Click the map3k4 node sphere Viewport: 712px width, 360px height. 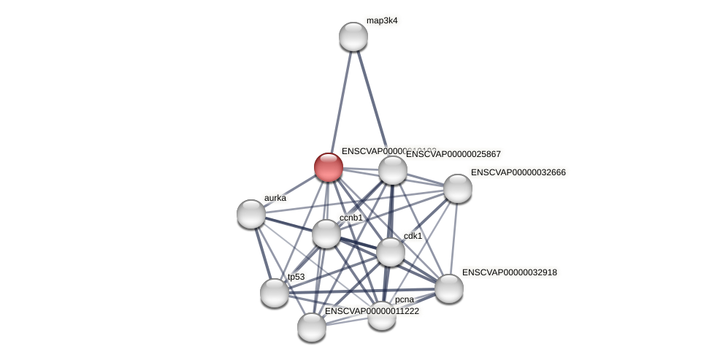[x=353, y=37]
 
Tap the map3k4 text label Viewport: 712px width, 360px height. [x=382, y=20]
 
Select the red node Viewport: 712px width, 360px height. [x=329, y=166]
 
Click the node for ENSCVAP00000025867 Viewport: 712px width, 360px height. [x=393, y=170]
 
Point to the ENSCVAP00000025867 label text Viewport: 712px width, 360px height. [x=453, y=154]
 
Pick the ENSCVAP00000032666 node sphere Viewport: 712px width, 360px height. [x=458, y=188]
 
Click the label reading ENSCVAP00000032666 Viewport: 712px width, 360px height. [x=518, y=172]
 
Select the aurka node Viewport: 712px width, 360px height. [x=251, y=214]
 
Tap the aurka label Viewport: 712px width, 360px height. [x=275, y=198]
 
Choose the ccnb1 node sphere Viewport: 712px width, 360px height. [x=326, y=234]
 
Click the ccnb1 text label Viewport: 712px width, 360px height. [x=351, y=218]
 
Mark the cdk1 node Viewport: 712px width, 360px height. [x=391, y=252]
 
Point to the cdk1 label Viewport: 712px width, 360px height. [x=413, y=236]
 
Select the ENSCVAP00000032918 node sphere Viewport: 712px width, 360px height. [x=449, y=288]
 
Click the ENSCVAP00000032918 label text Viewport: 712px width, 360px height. [x=509, y=272]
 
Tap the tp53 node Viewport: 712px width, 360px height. [x=275, y=293]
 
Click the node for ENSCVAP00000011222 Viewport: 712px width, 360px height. [x=312, y=327]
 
